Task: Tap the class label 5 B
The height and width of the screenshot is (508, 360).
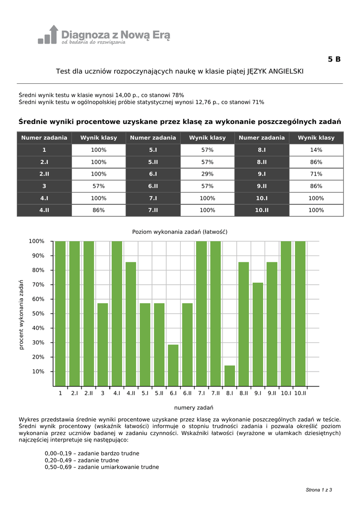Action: pos(334,60)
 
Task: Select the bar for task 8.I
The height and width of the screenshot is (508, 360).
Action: pos(229,376)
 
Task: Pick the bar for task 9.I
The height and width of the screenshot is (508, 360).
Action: pos(258,334)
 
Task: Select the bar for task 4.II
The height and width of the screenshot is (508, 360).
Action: pos(131,323)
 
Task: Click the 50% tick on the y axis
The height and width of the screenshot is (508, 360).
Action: pos(39,314)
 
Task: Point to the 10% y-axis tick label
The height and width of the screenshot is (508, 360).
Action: pos(39,372)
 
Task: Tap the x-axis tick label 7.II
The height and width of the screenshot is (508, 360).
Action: pos(216,393)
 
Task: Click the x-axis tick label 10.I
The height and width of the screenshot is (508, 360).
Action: pos(286,393)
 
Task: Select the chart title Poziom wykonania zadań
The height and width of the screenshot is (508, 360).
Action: pos(180,232)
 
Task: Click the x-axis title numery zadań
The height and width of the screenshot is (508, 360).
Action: pos(194,407)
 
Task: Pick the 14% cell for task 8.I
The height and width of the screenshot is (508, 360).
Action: pos(316,150)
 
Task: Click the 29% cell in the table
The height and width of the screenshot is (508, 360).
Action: pos(208,174)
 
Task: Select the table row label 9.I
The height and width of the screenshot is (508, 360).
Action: pos(262,174)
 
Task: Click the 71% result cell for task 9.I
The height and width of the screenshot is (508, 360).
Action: pos(316,174)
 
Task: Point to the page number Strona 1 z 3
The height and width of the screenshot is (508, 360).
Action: pos(319,490)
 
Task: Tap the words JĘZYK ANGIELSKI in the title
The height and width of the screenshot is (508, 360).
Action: pos(275,71)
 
